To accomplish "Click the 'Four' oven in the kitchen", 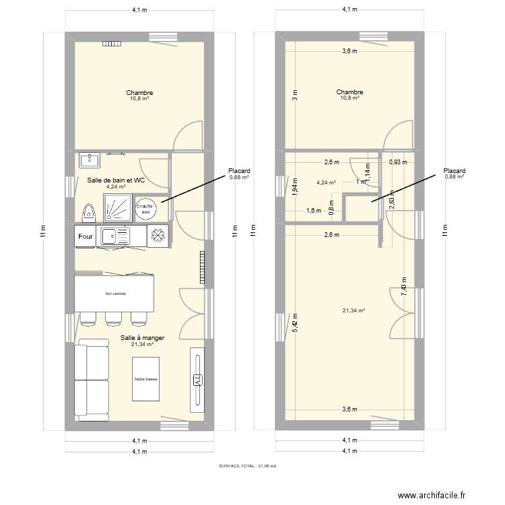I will coord(86,236).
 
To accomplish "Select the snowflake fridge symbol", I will coord(158,236).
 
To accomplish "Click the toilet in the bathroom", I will coord(87,211).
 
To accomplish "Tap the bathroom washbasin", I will coord(89,160).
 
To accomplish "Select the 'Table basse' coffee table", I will coord(146,379).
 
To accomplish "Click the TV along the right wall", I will coord(197,380).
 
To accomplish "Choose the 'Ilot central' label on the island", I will coord(115,294).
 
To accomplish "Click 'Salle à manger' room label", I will coord(142,338).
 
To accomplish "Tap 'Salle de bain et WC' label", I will coord(116,180).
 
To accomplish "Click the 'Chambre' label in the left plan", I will coord(139,93).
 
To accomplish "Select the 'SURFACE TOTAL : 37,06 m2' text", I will coord(248,465).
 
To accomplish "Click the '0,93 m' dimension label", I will coord(399,162).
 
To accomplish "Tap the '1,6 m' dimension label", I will coord(314,211).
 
